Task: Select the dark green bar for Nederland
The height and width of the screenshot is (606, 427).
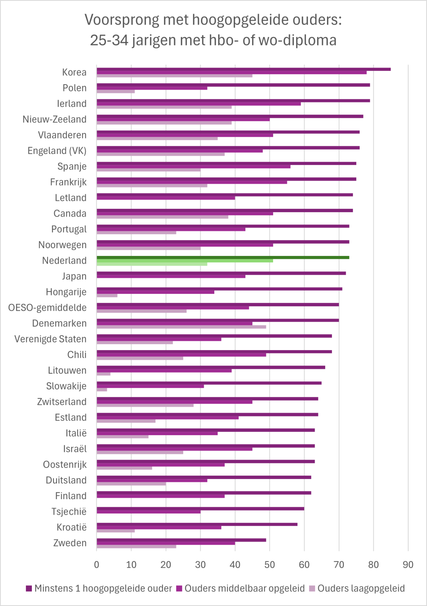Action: pos(223,257)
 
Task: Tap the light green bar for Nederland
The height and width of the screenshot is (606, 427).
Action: pos(152,264)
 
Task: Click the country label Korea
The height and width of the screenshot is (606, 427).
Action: pos(74,72)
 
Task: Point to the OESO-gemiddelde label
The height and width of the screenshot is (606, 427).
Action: pos(47,308)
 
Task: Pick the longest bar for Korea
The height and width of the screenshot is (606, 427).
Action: pos(243,69)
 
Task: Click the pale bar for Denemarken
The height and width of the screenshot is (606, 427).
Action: pos(181,327)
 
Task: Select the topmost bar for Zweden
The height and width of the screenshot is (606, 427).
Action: pos(181,540)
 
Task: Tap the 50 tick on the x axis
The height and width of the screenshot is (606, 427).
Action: pos(270,565)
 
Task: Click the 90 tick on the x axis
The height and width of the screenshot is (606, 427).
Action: pos(408,565)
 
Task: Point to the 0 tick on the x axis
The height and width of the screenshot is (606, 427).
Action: pos(97,565)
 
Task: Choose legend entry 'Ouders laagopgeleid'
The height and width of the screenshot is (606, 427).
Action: pos(361,588)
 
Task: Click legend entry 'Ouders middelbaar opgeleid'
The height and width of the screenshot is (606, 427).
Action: pos(244,588)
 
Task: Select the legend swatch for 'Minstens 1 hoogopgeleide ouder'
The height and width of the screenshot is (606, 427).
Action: pos(29,589)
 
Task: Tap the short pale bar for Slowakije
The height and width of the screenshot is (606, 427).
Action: pos(102,390)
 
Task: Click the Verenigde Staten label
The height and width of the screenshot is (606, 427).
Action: pos(50,339)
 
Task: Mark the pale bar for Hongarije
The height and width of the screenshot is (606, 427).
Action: pos(107,295)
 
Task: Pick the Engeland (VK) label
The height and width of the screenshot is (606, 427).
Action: pos(57,151)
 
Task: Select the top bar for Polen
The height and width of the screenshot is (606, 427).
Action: pos(233,85)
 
